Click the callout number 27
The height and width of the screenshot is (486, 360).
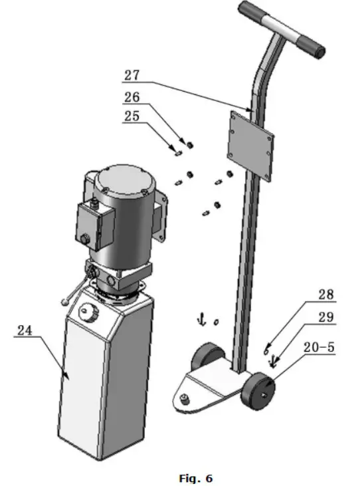click(132, 74)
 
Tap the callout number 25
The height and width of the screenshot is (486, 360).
click(132, 116)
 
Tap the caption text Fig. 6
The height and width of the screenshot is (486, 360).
click(197, 478)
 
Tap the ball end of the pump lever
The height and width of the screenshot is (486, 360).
click(64, 303)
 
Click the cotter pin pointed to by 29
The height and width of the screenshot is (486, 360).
click(272, 362)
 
